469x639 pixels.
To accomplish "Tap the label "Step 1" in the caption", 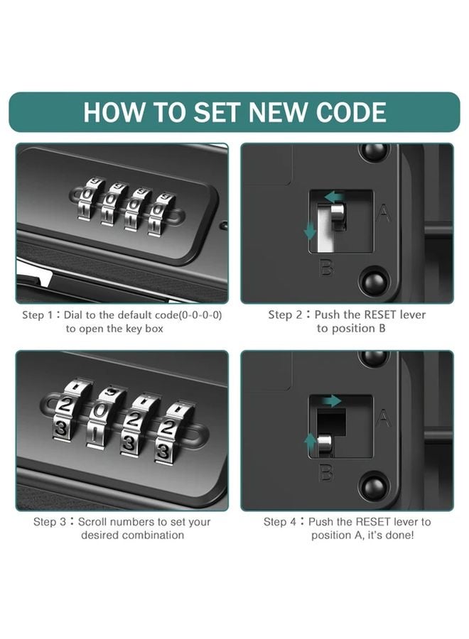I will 41,315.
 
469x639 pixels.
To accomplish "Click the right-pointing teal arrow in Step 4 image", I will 330,402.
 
